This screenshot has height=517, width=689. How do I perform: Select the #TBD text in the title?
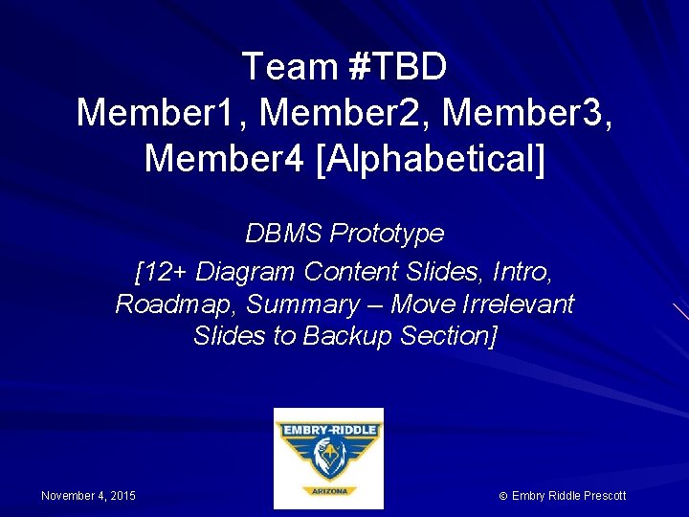397,67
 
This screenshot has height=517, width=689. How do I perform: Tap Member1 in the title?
161,113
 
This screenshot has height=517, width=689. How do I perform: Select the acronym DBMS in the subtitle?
284,234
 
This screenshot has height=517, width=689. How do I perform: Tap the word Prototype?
387,234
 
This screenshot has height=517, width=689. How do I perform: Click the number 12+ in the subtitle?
164,272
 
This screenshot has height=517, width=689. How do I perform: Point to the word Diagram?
245,272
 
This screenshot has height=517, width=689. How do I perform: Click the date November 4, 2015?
88,496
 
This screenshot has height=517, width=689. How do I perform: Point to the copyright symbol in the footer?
503,496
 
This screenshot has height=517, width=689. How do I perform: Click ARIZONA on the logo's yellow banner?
328,491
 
